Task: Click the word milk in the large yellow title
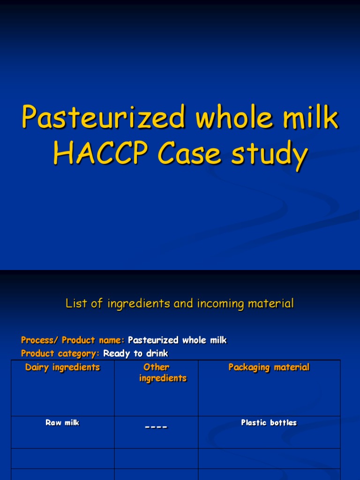[x=312, y=118]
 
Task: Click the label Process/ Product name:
[x=73, y=340]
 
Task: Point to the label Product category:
[x=60, y=353]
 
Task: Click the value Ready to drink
[x=135, y=353]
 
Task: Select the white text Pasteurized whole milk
[x=177, y=340]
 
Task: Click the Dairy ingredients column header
[x=62, y=367]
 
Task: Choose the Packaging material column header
[x=269, y=367]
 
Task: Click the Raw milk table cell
[x=62, y=422]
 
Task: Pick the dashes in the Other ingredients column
[x=156, y=427]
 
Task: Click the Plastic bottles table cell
[x=269, y=422]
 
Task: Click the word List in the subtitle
[x=76, y=304]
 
